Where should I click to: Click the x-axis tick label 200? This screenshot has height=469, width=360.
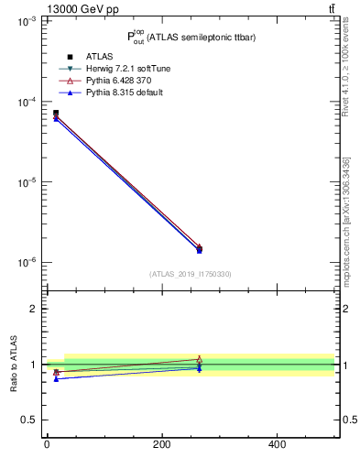coord(161,444)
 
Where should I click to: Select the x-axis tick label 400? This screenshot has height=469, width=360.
coord(277,444)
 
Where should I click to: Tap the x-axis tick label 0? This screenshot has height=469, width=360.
coord(47,444)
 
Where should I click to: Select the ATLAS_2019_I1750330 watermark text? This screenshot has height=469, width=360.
coord(191,274)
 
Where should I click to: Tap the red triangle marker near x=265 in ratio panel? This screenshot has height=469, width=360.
coord(200,359)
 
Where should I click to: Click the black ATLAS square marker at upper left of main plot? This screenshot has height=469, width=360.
coord(56,113)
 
